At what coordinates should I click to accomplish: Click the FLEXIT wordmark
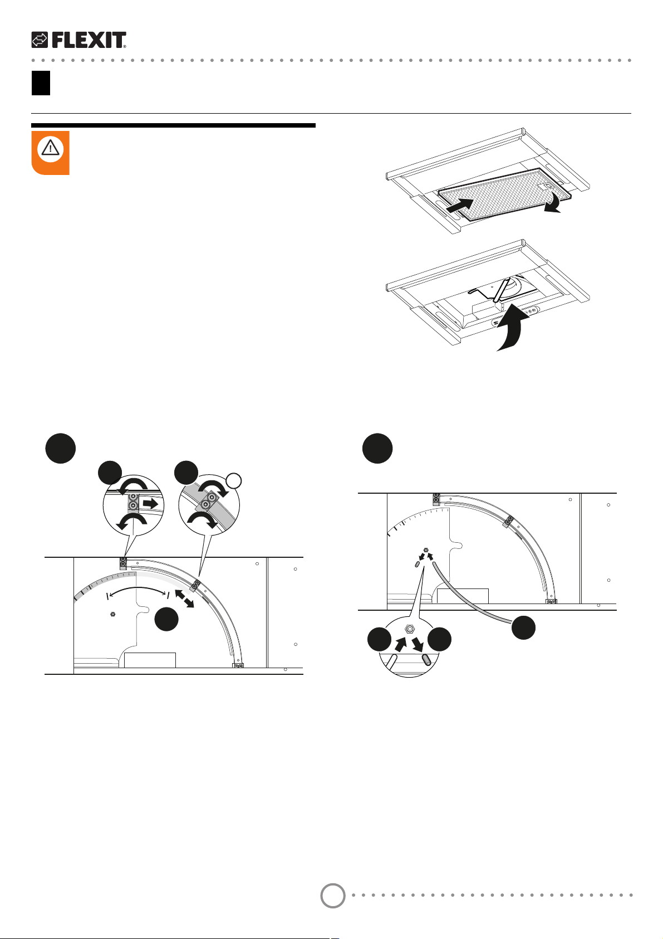tap(89, 40)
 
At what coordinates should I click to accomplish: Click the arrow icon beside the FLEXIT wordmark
tap(40, 40)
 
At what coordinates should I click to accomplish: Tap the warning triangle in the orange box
tap(50, 148)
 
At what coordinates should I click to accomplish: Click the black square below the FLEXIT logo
tap(41, 83)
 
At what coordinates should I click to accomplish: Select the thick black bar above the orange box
tap(173, 125)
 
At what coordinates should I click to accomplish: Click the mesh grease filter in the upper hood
tap(505, 194)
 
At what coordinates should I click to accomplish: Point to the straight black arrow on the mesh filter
tap(460, 206)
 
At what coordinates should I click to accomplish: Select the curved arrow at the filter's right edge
tap(554, 203)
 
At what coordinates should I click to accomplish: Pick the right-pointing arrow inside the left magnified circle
tap(150, 503)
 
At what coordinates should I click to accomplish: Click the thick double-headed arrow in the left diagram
tap(184, 598)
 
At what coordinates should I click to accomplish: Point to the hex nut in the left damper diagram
tap(112, 614)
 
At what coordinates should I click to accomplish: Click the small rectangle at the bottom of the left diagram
tap(150, 660)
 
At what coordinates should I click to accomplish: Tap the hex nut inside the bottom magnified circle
tap(409, 629)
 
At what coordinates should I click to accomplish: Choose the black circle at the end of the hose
tap(523, 627)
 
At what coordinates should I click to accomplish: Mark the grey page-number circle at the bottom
tap(333, 896)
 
